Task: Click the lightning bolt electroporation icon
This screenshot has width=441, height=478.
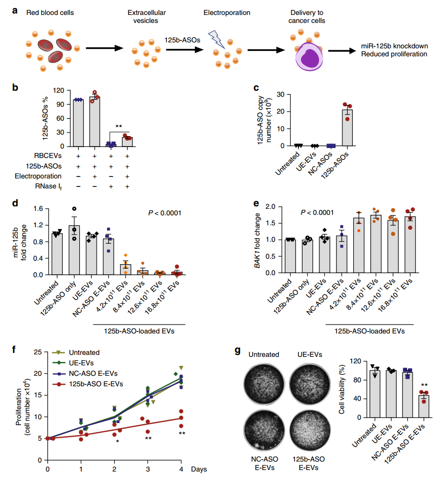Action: [216, 39]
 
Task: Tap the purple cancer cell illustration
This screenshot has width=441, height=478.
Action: [309, 56]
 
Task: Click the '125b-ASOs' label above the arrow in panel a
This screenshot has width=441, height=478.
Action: [182, 40]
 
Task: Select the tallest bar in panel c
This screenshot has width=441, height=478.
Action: [347, 128]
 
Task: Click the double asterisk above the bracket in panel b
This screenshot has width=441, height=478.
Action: [119, 127]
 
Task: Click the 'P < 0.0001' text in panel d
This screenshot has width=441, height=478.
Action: [164, 213]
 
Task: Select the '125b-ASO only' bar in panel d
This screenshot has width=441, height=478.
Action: [74, 250]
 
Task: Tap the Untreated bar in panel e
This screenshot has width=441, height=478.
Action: [290, 256]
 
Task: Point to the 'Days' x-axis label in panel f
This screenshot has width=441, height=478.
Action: [199, 469]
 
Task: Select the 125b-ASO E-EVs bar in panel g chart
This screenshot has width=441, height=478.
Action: [424, 406]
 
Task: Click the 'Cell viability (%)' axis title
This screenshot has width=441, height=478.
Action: [342, 389]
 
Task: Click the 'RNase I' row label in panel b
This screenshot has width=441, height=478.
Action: [48, 186]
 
